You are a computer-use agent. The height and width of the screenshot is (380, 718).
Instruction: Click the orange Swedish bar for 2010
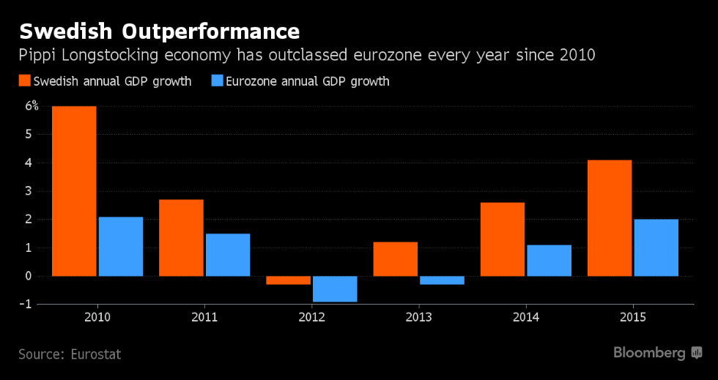click(x=74, y=191)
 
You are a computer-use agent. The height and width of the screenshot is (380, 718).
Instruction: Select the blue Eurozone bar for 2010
click(x=121, y=246)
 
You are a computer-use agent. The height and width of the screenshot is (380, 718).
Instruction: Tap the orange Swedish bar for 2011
click(x=181, y=237)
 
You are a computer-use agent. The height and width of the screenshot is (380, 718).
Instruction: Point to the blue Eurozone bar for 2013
click(x=442, y=280)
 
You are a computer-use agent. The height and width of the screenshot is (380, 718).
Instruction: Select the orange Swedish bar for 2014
click(x=503, y=239)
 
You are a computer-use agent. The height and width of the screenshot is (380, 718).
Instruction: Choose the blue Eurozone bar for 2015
click(x=656, y=247)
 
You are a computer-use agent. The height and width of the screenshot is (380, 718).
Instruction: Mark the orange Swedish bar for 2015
click(x=610, y=217)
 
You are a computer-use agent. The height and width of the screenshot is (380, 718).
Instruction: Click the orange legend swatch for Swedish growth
click(x=24, y=81)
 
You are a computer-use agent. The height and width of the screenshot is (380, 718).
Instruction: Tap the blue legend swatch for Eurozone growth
click(x=217, y=81)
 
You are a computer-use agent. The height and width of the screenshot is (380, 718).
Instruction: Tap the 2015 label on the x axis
click(x=633, y=317)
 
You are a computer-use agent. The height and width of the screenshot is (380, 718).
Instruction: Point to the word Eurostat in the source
click(x=96, y=354)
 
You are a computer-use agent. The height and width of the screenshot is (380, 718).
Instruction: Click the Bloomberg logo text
click(x=649, y=353)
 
